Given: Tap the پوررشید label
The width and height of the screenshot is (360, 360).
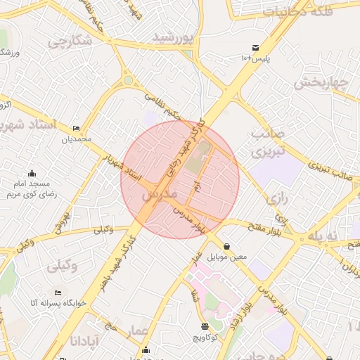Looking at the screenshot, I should [x=172, y=36].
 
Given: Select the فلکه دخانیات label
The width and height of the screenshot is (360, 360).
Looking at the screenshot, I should [x=298, y=11].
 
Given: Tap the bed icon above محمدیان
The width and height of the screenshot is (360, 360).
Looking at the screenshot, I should [x=76, y=129].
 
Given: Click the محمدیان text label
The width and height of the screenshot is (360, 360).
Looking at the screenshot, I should [x=76, y=139].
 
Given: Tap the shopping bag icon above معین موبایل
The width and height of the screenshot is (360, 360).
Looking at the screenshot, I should [x=226, y=247].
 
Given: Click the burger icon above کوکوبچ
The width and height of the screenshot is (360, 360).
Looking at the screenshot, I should [x=205, y=326].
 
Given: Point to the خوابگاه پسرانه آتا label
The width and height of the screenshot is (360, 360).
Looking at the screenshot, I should [x=57, y=302].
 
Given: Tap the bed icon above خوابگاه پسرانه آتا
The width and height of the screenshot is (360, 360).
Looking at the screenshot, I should [x=57, y=292].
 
